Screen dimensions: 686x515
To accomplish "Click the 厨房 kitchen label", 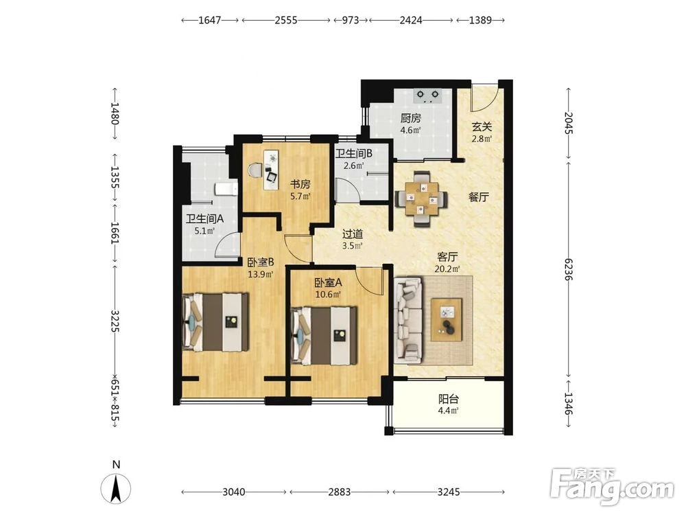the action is pyautogui.click(x=410, y=118).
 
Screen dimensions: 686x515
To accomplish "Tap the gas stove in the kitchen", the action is pyautogui.click(x=428, y=95).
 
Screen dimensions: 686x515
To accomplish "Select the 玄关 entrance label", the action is pyautogui.click(x=482, y=127).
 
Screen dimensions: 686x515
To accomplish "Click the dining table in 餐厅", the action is pyautogui.click(x=421, y=199).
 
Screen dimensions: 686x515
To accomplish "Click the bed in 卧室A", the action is pyautogui.click(x=324, y=336).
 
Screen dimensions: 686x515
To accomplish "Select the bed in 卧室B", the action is pyautogui.click(x=215, y=322).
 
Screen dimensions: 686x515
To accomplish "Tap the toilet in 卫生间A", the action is pyautogui.click(x=226, y=189).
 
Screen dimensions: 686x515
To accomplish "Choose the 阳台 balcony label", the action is pyautogui.click(x=449, y=400).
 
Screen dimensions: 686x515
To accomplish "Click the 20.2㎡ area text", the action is pyautogui.click(x=447, y=269).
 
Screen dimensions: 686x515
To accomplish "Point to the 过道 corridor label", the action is pyautogui.click(x=352, y=234).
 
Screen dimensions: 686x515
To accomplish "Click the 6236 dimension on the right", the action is pyautogui.click(x=568, y=269).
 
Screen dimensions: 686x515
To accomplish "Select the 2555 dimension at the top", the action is pyautogui.click(x=285, y=20).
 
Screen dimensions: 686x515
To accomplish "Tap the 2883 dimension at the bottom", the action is pyautogui.click(x=339, y=492).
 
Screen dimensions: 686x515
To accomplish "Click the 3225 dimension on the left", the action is pyautogui.click(x=115, y=321).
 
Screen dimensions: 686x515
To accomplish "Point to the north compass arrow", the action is pyautogui.click(x=116, y=488).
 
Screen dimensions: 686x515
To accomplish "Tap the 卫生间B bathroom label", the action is pyautogui.click(x=353, y=154).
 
